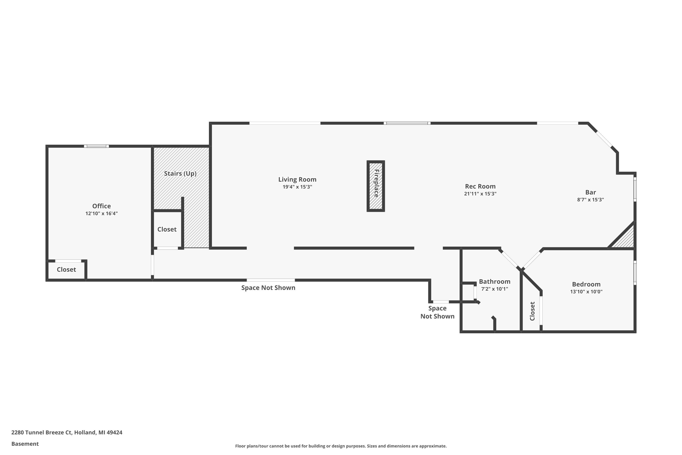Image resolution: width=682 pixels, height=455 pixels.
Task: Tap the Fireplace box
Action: pos(376,186)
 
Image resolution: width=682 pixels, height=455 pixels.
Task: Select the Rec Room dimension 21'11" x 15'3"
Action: pos(480,194)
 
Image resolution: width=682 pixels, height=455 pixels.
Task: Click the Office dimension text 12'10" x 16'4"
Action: pos(101,214)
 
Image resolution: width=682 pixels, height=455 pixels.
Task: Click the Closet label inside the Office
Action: pos(66,270)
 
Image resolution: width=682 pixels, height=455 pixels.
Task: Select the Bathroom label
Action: pos(494,281)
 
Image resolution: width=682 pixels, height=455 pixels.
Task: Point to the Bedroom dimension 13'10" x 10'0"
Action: pos(586,292)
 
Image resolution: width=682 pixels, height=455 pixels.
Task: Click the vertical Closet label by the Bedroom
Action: pos(532,311)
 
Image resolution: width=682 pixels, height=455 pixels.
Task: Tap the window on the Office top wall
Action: pos(97,146)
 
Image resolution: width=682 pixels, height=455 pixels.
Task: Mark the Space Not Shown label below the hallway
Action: pos(268,288)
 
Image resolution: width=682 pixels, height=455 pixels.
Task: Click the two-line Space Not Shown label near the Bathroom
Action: pos(437,312)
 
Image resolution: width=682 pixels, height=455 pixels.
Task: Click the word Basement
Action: pos(25,444)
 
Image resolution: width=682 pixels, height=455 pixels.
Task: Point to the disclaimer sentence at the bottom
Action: pos(341,446)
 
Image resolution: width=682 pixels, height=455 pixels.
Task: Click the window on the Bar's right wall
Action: pos(635,189)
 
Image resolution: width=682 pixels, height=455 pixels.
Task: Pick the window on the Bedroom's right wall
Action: pos(635,273)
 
